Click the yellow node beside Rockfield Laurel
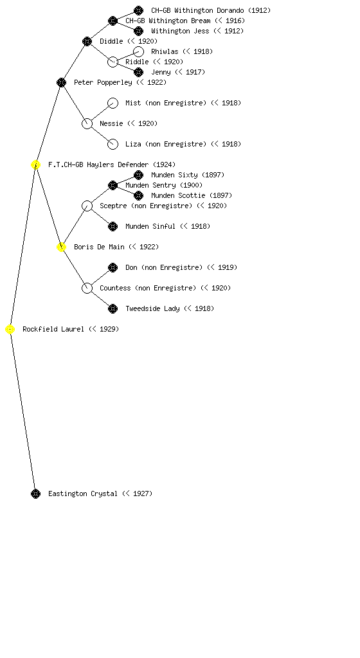click(10, 330)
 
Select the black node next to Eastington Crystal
click(35, 494)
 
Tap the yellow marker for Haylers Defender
click(35, 165)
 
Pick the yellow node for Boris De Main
click(61, 247)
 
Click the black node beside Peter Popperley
click(61, 83)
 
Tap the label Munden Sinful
click(150, 226)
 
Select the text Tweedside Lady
click(153, 308)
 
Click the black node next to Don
click(113, 268)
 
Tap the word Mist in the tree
click(133, 103)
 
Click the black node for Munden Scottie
click(138, 195)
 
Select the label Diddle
click(111, 41)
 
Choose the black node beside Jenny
click(138, 72)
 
